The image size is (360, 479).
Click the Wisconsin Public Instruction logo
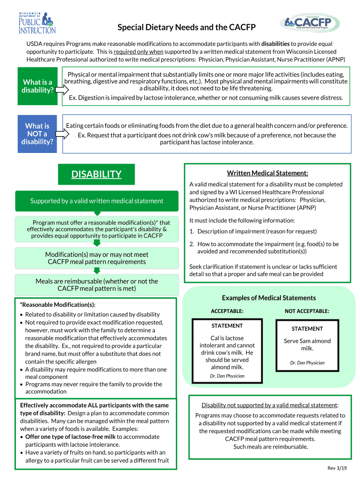click(x=37, y=22)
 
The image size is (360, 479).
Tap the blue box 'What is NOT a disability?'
click(x=37, y=133)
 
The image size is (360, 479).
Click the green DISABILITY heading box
click(x=96, y=174)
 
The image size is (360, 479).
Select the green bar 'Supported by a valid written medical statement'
click(x=97, y=201)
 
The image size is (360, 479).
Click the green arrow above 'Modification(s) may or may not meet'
click(x=97, y=243)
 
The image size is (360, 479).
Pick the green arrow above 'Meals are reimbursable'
click(x=97, y=270)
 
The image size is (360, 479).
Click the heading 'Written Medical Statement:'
click(x=267, y=173)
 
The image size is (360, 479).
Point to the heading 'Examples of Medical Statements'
click(x=269, y=298)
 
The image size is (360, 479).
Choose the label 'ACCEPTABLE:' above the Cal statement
click(x=227, y=311)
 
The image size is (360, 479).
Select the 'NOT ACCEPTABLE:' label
click(x=307, y=311)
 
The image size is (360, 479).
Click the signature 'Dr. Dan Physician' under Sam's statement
click(x=307, y=363)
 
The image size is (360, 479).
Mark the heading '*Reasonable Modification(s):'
click(x=58, y=305)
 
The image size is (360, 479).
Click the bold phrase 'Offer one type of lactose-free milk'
click(x=70, y=436)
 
